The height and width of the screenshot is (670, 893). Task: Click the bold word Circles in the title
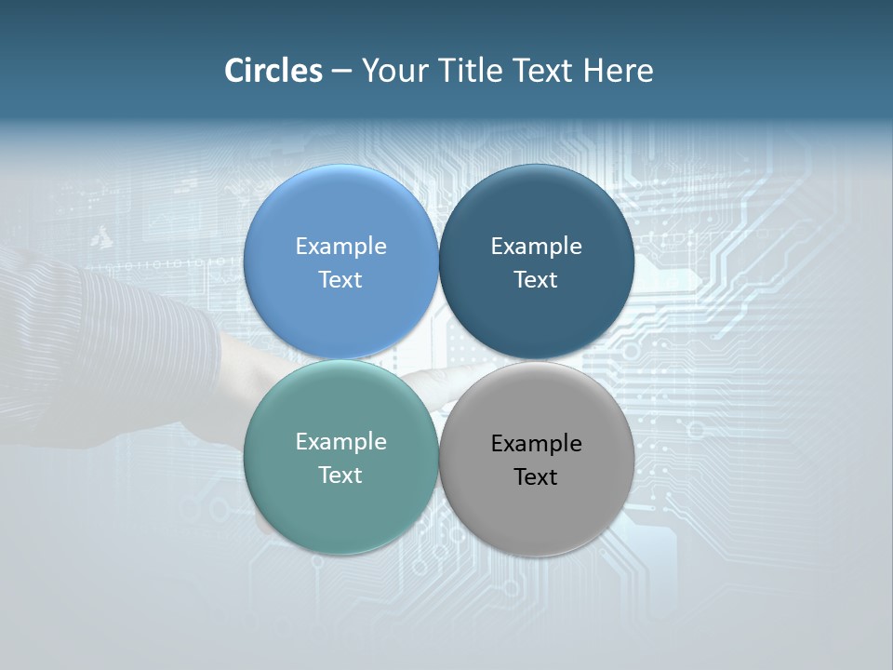(273, 71)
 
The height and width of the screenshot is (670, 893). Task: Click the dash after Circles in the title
(341, 72)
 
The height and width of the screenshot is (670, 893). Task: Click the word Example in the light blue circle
(340, 247)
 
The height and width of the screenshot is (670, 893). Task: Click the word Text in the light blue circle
(340, 280)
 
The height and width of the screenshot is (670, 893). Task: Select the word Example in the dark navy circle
(536, 247)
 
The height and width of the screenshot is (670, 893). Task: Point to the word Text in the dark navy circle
(536, 280)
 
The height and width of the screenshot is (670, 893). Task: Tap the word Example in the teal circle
(340, 442)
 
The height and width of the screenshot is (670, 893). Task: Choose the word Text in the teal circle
(340, 476)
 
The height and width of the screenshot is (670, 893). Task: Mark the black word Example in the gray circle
(536, 444)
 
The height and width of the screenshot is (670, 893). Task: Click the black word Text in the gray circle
(536, 477)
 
